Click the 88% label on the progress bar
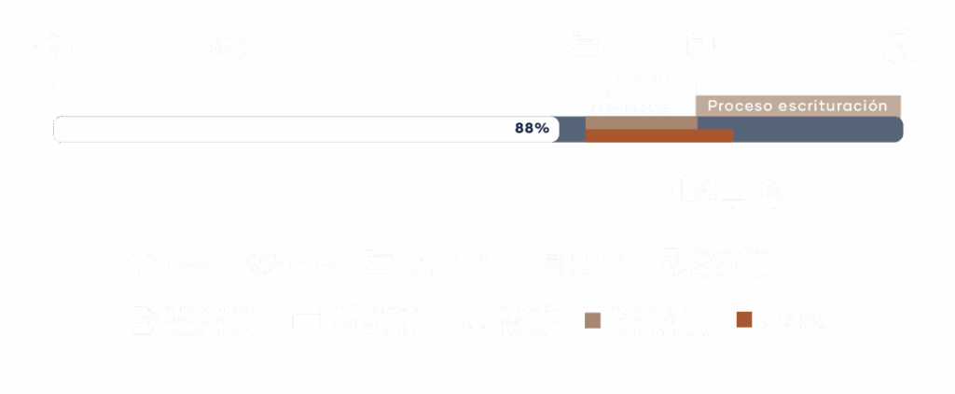[532, 129]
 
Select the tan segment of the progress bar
[640, 122]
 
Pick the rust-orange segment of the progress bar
[658, 136]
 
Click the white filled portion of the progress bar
[280, 129]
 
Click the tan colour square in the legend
[592, 320]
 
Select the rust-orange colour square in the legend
[744, 320]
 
